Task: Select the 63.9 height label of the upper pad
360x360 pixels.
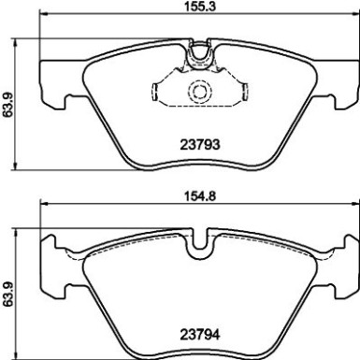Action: click(x=8, y=105)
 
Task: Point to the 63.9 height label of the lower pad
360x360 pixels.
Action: click(x=8, y=291)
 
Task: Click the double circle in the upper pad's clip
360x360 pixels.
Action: click(x=198, y=93)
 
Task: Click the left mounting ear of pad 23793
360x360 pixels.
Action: click(x=51, y=83)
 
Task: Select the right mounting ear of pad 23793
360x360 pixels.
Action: click(x=345, y=83)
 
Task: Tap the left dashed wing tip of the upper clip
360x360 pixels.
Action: click(x=153, y=91)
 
